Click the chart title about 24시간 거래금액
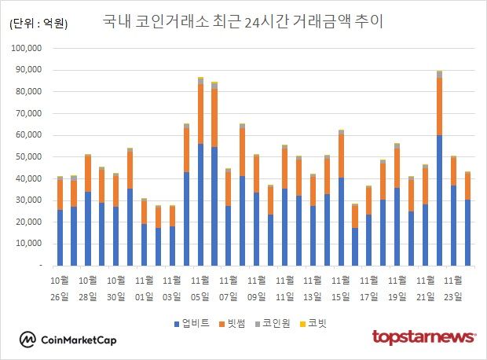tap(243, 21)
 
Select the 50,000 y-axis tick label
tap(32, 157)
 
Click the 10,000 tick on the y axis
tap(32, 244)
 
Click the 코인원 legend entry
tap(274, 322)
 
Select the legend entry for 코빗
tap(316, 322)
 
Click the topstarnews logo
tap(424, 337)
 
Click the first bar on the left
tap(60, 221)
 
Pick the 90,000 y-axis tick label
tap(32, 70)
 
